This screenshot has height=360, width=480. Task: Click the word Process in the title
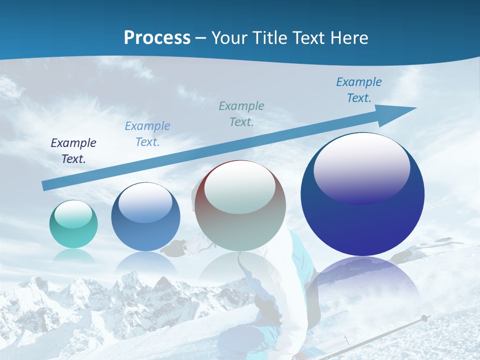click(157, 37)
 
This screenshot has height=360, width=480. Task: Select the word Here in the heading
click(348, 37)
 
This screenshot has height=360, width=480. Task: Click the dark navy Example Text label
click(73, 151)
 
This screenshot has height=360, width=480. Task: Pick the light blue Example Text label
click(147, 134)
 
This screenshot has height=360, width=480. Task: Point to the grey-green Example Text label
click(241, 113)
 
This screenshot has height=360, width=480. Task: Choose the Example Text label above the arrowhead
click(359, 90)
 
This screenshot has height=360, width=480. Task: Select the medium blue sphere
click(145, 220)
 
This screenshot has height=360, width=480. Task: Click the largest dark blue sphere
click(362, 200)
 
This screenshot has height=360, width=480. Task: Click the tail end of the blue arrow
click(46, 185)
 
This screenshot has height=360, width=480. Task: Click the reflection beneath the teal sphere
click(73, 256)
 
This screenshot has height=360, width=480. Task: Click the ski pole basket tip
click(424, 317)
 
